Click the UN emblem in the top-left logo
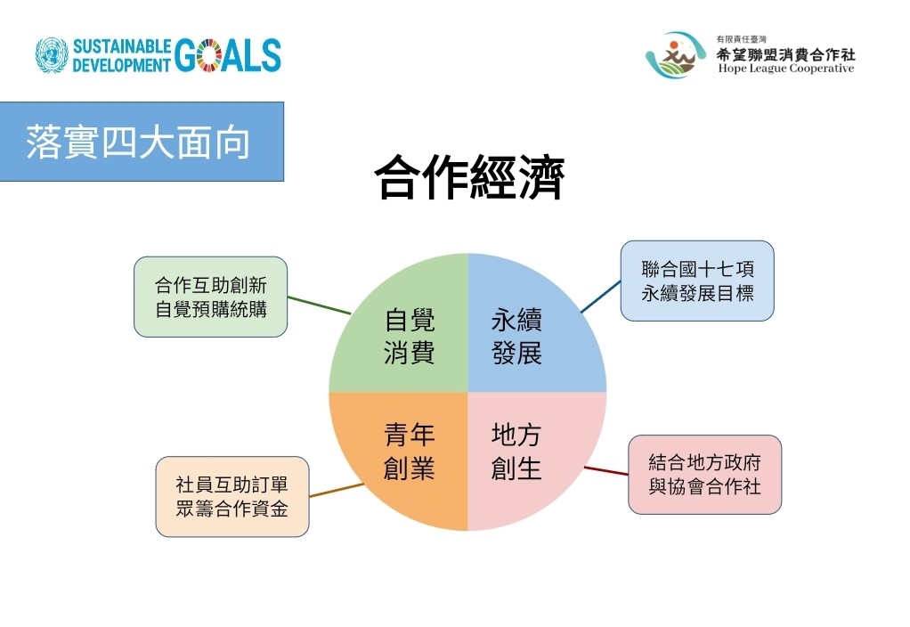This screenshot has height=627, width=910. click(52, 55)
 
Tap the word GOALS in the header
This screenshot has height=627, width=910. click(228, 56)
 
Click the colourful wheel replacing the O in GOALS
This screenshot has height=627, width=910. click(209, 56)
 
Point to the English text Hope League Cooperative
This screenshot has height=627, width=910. click(786, 69)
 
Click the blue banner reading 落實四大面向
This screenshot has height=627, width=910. click(142, 142)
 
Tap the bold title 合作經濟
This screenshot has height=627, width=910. click(469, 177)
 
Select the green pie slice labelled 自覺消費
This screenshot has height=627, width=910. click(406, 331)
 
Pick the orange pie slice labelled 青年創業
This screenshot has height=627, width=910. click(406, 452)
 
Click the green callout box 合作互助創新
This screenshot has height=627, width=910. click(211, 297)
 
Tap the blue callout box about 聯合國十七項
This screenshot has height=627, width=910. click(697, 281)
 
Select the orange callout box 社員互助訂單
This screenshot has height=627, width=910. click(232, 496)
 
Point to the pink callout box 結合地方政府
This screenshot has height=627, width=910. click(704, 475)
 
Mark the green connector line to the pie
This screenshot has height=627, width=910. click(319, 305)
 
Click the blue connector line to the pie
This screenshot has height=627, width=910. click(601, 297)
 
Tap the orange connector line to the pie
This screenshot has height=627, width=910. click(337, 490)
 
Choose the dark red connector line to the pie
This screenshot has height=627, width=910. click(606, 471)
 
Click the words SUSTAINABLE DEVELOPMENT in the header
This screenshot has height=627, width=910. click(122, 56)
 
